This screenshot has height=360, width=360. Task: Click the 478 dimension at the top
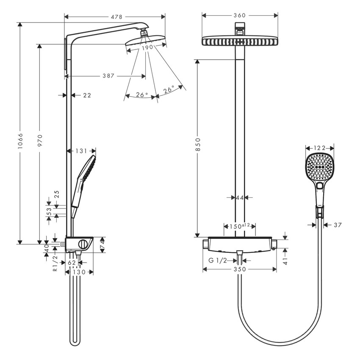click(116, 17)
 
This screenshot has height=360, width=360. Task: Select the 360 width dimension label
click(240, 15)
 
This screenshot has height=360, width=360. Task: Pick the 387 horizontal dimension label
click(108, 76)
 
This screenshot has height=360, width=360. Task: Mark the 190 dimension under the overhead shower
click(147, 47)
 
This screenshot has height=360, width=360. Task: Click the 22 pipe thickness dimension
click(86, 95)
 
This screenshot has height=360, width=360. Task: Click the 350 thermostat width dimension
click(239, 269)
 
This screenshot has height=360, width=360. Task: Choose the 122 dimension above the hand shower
click(320, 148)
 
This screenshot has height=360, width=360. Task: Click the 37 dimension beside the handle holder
click(337, 225)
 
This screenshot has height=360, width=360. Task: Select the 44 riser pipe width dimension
click(240, 197)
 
